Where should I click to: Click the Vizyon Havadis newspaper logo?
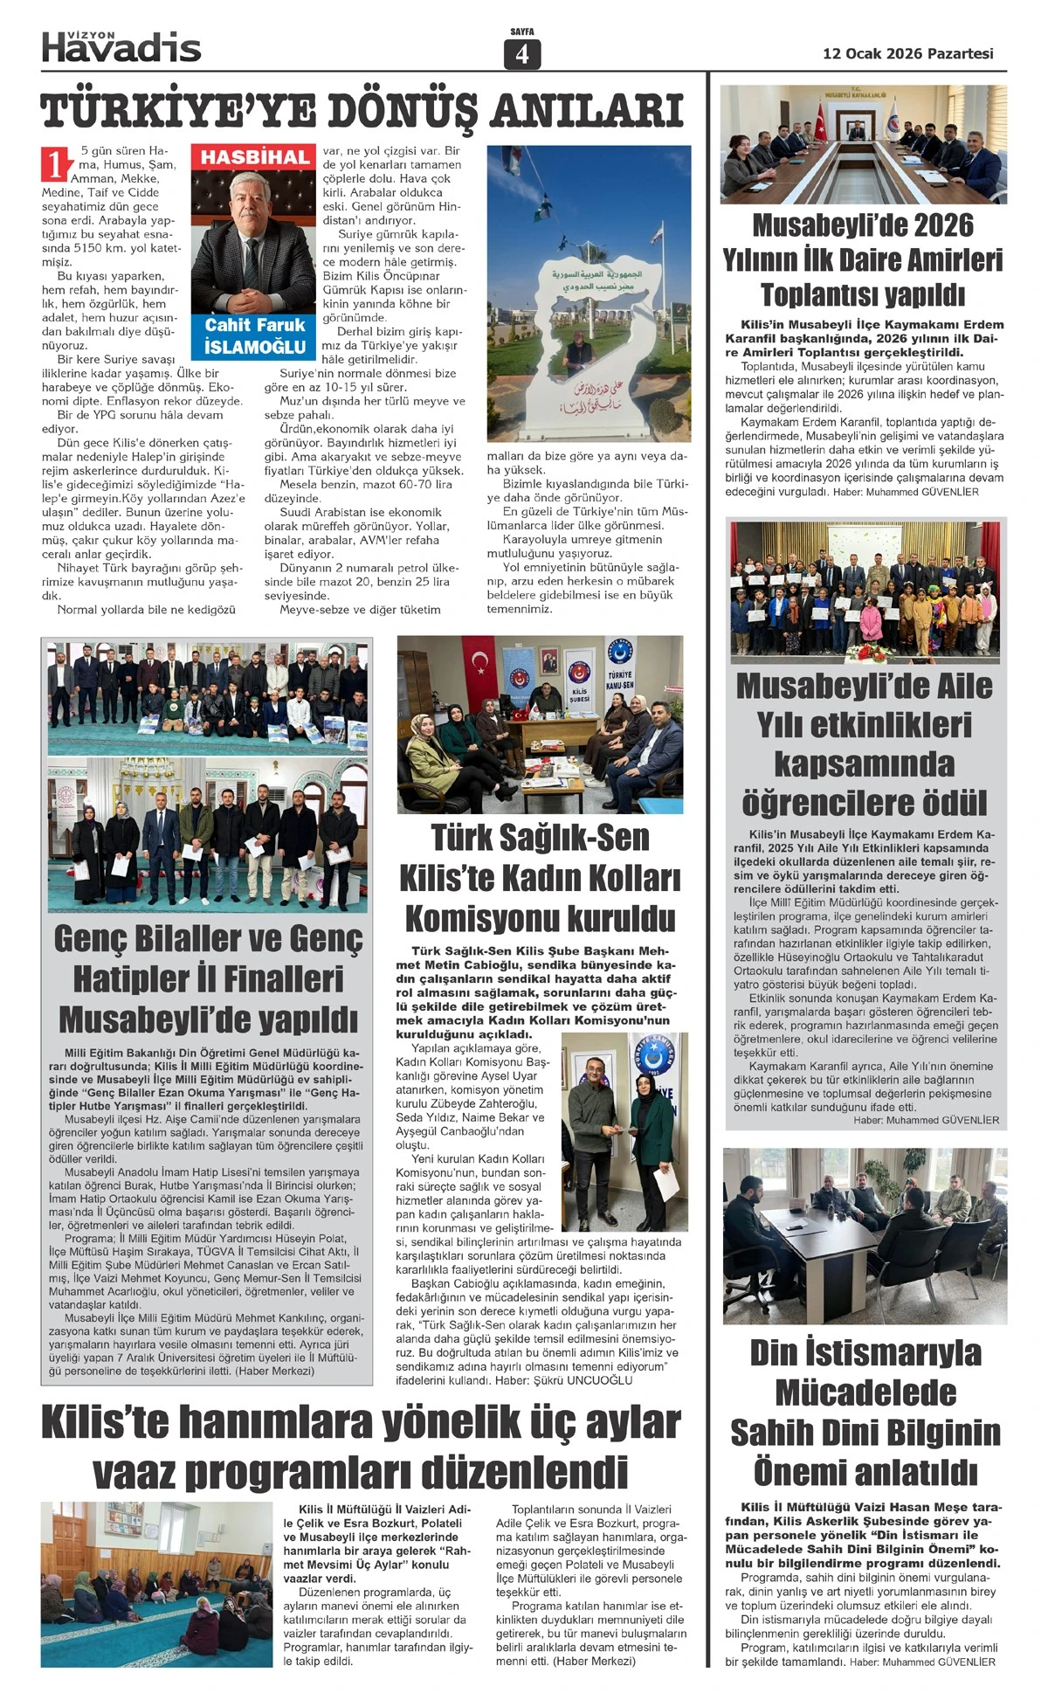click(x=121, y=46)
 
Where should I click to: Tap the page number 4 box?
click(x=522, y=54)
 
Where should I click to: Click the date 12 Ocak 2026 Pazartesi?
click(x=908, y=53)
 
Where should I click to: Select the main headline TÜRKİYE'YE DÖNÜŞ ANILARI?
click(x=362, y=111)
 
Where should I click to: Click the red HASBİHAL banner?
click(x=255, y=157)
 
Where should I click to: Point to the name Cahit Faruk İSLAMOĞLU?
click(x=255, y=335)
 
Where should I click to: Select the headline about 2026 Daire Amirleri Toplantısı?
click(x=863, y=259)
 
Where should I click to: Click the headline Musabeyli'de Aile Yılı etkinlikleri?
click(x=864, y=743)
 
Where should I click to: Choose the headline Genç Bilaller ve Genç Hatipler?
click(x=208, y=978)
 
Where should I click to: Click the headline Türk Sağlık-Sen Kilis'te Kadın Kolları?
click(x=540, y=877)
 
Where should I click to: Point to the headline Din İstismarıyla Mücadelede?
click(x=865, y=1411)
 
